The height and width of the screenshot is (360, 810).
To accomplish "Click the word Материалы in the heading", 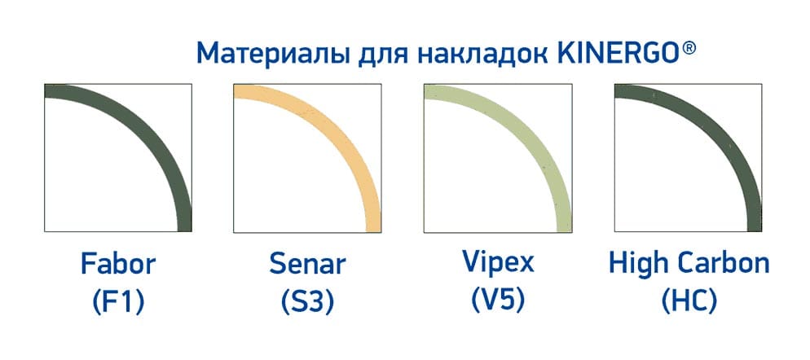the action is [272, 54].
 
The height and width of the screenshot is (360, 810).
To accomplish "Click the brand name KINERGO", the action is [618, 53].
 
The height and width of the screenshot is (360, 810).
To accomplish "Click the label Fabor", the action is [118, 264].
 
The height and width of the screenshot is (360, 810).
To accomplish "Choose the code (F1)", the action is [118, 303].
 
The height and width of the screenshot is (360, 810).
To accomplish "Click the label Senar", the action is [307, 264].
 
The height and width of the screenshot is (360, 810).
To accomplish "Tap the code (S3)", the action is [307, 303].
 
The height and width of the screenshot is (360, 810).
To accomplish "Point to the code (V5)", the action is [498, 301].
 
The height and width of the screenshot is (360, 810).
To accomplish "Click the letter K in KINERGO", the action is [566, 53].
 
